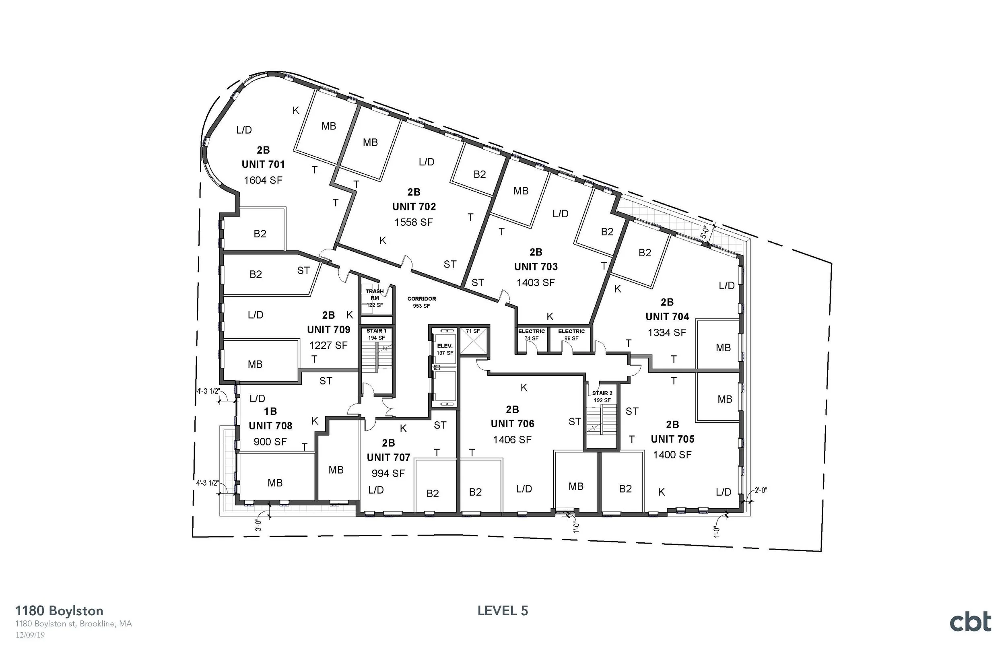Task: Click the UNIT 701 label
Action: (263, 165)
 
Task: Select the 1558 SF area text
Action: (413, 222)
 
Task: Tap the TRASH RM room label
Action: (375, 295)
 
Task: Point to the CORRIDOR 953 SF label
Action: (421, 302)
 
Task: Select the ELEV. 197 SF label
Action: (445, 349)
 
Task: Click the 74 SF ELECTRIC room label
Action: (531, 334)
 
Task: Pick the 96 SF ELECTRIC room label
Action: (571, 334)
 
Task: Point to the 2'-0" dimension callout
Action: (761, 491)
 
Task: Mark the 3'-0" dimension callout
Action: (258, 525)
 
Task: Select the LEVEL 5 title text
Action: (503, 611)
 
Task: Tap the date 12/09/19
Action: (30, 635)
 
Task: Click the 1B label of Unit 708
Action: (270, 411)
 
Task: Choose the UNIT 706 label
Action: (512, 424)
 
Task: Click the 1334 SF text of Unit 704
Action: (667, 333)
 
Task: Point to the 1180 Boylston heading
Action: (59, 611)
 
